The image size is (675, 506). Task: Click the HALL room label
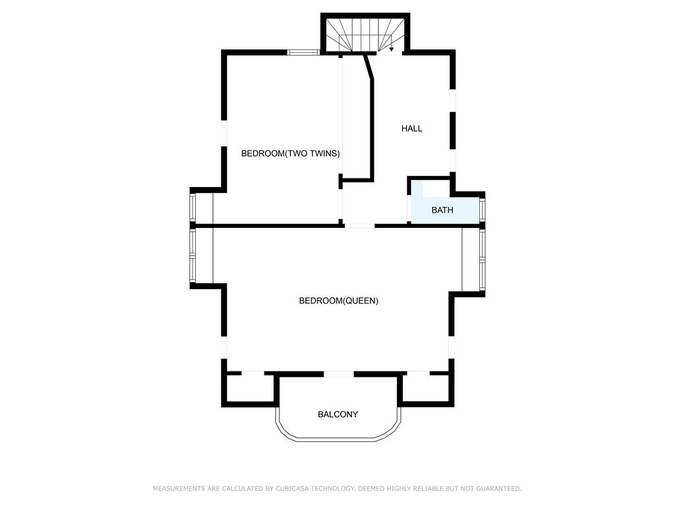point(411,128)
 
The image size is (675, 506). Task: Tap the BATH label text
point(442,210)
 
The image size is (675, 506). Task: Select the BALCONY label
point(338,414)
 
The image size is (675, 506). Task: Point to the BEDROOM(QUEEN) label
point(339,300)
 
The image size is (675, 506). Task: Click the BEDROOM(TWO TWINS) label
point(291,154)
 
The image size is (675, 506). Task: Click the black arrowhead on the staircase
point(392,49)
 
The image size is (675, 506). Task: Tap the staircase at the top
point(365,34)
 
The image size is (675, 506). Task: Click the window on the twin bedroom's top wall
point(303,53)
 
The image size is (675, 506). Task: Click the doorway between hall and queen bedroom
point(359,225)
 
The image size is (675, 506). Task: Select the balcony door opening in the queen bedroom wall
point(338,374)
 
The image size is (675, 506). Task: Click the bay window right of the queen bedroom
point(482,260)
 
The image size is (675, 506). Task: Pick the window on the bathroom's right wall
point(482,210)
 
